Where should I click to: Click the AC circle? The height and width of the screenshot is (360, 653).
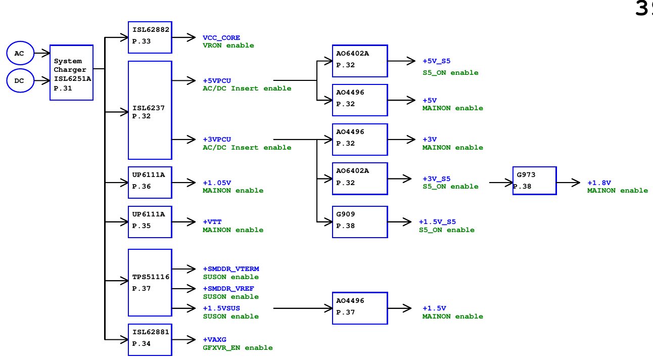pyautogui.click(x=20, y=53)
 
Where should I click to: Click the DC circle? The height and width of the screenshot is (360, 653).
pyautogui.click(x=20, y=81)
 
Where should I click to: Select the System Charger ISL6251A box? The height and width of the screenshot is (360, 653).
pyautogui.click(x=71, y=72)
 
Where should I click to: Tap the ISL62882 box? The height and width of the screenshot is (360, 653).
pyautogui.click(x=150, y=37)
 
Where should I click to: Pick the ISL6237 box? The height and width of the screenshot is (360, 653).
pyautogui.click(x=150, y=110)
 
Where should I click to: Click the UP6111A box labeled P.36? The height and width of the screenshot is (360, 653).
pyautogui.click(x=150, y=182)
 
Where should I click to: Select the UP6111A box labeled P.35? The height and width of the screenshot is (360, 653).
pyautogui.click(x=150, y=221)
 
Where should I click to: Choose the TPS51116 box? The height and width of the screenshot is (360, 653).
pyautogui.click(x=150, y=283)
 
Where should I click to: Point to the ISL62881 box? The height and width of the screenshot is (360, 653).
pyautogui.click(x=150, y=339)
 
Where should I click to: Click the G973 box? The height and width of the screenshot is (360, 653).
pyautogui.click(x=534, y=181)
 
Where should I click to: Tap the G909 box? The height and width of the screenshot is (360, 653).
pyautogui.click(x=359, y=221)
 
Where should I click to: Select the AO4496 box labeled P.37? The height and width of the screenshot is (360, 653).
pyautogui.click(x=359, y=308)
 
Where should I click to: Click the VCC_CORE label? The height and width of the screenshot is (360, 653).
pyautogui.click(x=221, y=38)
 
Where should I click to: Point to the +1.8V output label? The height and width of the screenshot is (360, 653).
pyautogui.click(x=599, y=183)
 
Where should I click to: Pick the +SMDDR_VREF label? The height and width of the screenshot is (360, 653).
pyautogui.click(x=228, y=289)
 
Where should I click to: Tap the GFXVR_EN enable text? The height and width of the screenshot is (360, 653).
pyautogui.click(x=238, y=348)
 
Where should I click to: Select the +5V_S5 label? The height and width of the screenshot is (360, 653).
pyautogui.click(x=436, y=61)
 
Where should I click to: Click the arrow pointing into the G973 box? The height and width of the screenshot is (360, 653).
pyautogui.click(x=501, y=183)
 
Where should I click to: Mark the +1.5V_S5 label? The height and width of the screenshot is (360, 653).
pyautogui.click(x=437, y=222)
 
